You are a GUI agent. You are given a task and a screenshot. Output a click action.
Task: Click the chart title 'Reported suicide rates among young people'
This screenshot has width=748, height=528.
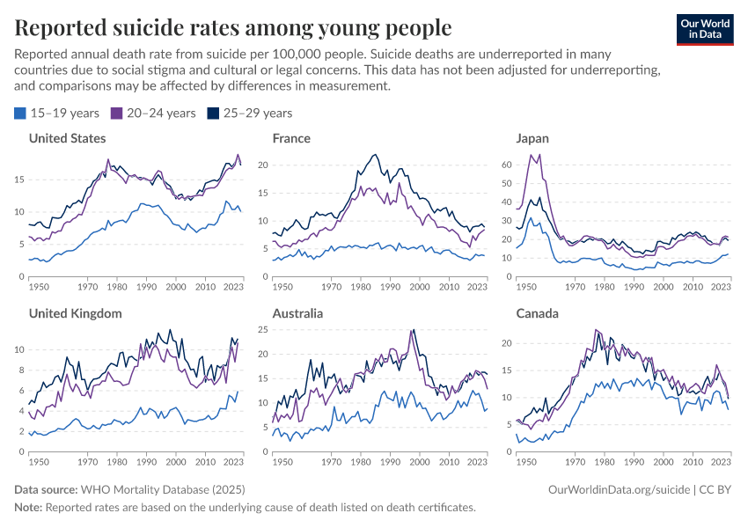[x=233, y=28]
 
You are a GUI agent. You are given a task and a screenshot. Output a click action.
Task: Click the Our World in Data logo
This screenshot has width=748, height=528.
[x=705, y=28]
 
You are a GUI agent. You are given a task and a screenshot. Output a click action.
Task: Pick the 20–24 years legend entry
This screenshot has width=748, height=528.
[x=153, y=113]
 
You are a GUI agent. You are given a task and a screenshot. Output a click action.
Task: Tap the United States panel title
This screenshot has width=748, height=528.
[x=68, y=138]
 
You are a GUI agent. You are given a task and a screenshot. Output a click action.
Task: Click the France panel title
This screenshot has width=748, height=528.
[x=291, y=138]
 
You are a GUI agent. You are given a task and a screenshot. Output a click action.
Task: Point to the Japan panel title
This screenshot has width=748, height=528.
[x=532, y=138]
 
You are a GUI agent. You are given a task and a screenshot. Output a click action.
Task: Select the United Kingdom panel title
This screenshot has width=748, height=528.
[x=75, y=313]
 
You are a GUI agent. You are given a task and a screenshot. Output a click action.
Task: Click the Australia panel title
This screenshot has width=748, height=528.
[x=297, y=313]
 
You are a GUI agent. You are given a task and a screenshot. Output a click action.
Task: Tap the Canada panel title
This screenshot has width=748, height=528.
[x=537, y=313]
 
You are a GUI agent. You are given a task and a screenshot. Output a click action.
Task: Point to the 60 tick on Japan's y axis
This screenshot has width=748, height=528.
[x=505, y=165]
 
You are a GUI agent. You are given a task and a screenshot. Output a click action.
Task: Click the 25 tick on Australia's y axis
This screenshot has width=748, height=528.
[x=262, y=330]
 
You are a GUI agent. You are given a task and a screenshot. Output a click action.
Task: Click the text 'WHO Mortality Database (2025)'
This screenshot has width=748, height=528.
[x=162, y=488]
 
